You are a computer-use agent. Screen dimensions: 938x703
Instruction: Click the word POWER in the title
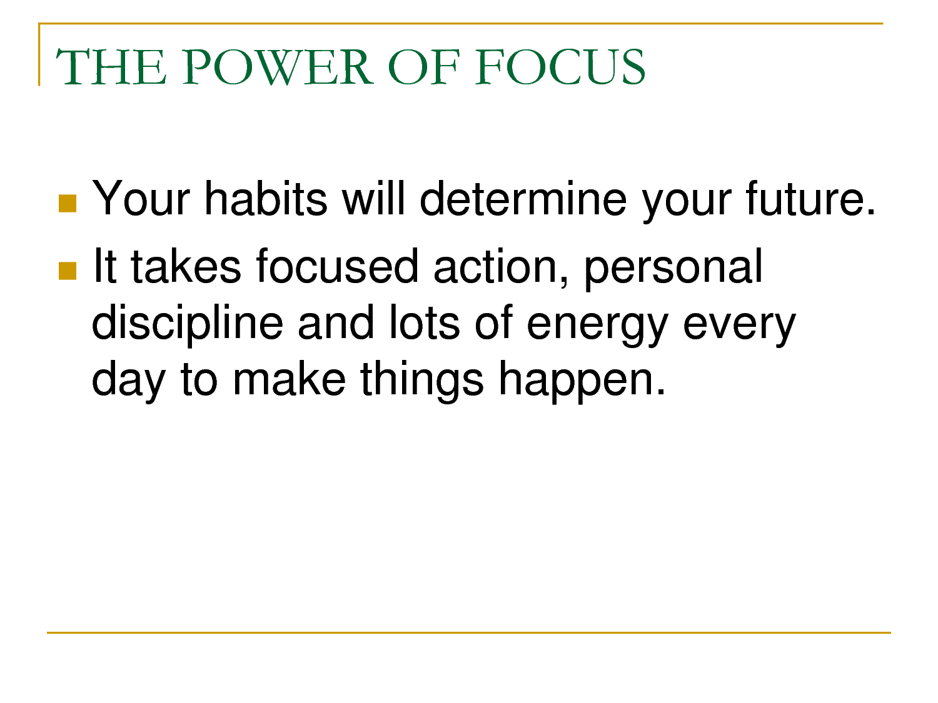click(x=278, y=67)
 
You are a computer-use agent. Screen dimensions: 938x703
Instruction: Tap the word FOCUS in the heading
click(x=560, y=67)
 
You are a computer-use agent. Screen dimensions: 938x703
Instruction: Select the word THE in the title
click(x=111, y=67)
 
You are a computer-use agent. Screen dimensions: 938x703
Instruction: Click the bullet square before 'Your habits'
click(x=68, y=204)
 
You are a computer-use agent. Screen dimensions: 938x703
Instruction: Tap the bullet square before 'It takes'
click(x=68, y=271)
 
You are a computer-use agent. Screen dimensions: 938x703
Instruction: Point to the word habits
click(x=266, y=199)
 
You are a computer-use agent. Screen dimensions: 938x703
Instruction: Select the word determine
click(x=523, y=199)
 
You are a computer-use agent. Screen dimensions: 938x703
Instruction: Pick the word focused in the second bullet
click(x=337, y=266)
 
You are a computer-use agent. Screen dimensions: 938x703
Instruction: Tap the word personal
click(x=673, y=269)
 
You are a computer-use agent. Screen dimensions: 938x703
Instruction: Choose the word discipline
click(x=187, y=324)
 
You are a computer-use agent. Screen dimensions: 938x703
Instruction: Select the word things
click(x=421, y=381)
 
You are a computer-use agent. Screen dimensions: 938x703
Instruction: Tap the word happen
click(x=582, y=381)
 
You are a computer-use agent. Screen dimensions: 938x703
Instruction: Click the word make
click(x=289, y=377)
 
